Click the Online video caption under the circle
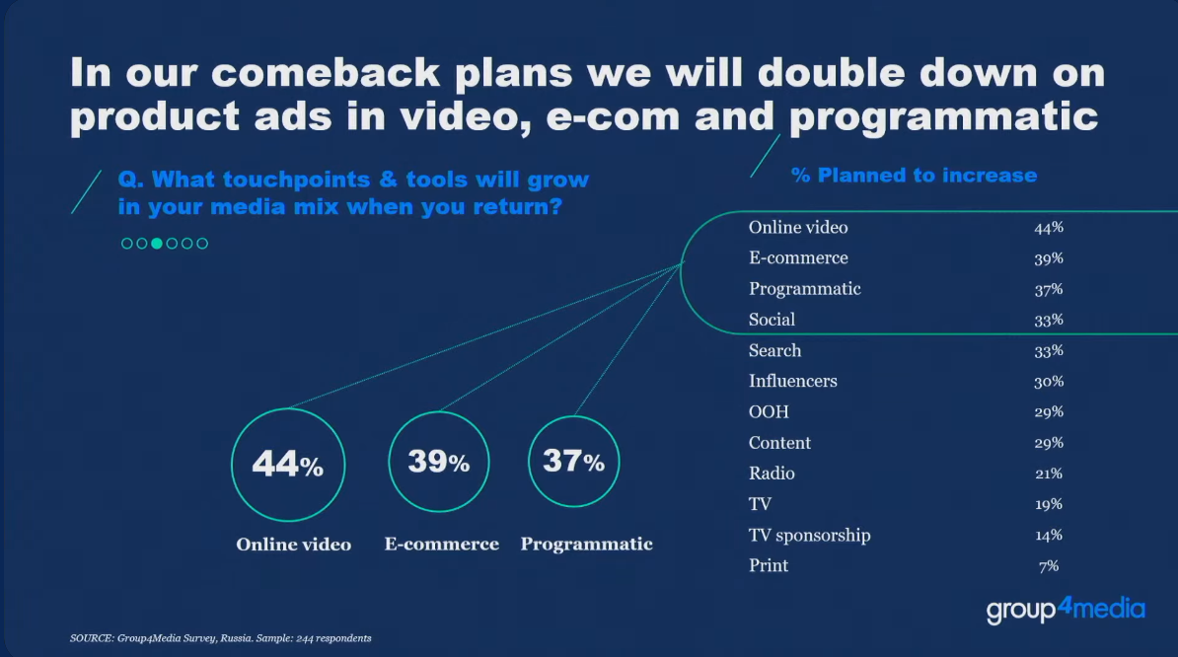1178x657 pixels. point(294,545)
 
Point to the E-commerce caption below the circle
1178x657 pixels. point(442,544)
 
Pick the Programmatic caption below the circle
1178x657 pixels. point(587,544)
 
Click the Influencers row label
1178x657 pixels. point(792,381)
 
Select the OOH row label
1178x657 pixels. point(769,411)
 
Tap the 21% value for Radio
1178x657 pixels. point(1049,474)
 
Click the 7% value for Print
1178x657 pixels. point(1049,565)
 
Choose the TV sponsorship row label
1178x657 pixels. point(809,535)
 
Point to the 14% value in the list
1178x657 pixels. point(1049,535)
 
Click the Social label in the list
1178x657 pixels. point(772,319)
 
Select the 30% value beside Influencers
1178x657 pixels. point(1049,381)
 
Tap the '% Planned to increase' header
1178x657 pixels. point(914,175)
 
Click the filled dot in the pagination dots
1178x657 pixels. point(157,244)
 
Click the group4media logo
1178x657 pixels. point(1067,609)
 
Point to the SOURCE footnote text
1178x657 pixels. point(220,638)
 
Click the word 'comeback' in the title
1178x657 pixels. point(326,73)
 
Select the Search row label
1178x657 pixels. point(774,350)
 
